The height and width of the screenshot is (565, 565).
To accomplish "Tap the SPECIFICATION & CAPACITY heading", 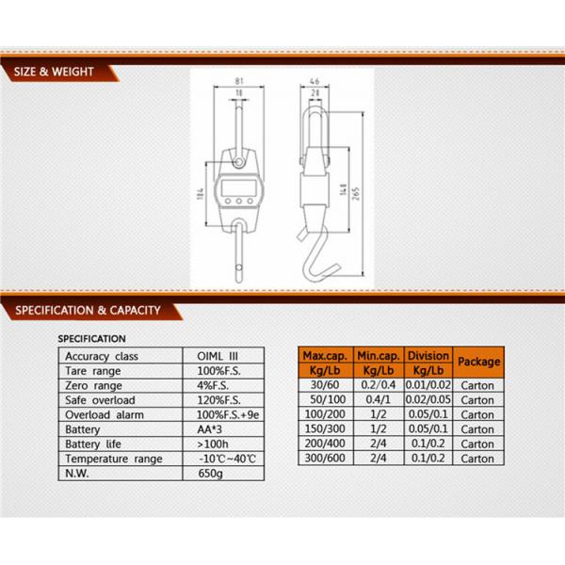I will tap(86, 309).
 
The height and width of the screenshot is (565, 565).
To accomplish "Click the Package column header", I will tap(478, 362).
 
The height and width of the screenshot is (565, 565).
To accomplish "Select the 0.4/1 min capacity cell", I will tap(378, 399).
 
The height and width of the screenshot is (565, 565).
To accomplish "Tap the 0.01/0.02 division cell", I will tap(428, 385).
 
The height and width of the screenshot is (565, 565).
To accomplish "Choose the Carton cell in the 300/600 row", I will tap(478, 459).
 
